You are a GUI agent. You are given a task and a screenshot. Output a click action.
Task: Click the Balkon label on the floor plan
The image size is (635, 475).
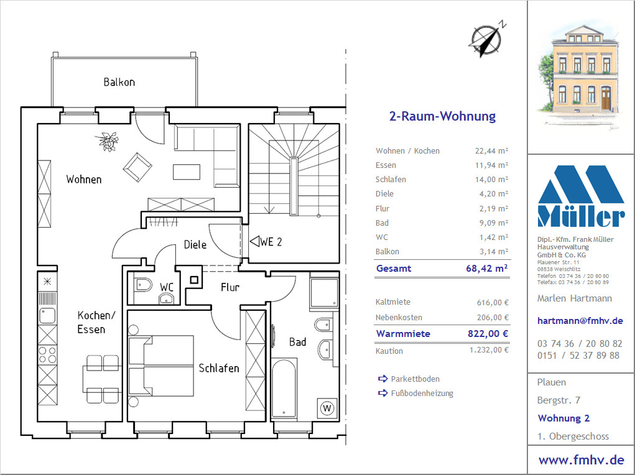[119, 82]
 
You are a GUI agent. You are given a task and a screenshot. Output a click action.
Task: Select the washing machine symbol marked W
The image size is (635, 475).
[327, 408]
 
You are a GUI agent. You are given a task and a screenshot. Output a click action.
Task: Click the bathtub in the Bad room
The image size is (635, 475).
[284, 388]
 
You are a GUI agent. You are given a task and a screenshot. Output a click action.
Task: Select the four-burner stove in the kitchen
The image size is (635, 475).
[47, 354]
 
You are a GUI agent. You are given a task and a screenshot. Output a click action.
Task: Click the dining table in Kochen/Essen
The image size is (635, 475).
[102, 379]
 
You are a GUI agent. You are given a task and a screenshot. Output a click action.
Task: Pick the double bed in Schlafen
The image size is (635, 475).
[161, 366]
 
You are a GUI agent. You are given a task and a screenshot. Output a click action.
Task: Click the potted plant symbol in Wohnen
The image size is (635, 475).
[108, 141]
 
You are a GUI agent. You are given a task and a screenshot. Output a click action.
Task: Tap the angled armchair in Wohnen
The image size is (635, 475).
[137, 167]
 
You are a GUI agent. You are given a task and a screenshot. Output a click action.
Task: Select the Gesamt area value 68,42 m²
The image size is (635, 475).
[487, 268]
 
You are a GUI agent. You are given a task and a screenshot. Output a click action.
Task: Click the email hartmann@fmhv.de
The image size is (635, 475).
[580, 321]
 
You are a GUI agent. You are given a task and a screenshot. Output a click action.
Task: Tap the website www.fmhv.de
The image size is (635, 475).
[581, 459]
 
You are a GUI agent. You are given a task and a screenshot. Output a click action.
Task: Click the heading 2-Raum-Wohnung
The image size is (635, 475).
[442, 116]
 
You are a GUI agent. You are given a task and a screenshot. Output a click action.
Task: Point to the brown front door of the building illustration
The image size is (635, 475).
[606, 98]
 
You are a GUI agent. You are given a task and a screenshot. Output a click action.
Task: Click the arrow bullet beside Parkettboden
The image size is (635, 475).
[382, 379]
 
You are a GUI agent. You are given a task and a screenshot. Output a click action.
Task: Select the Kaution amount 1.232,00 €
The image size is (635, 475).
[489, 350]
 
